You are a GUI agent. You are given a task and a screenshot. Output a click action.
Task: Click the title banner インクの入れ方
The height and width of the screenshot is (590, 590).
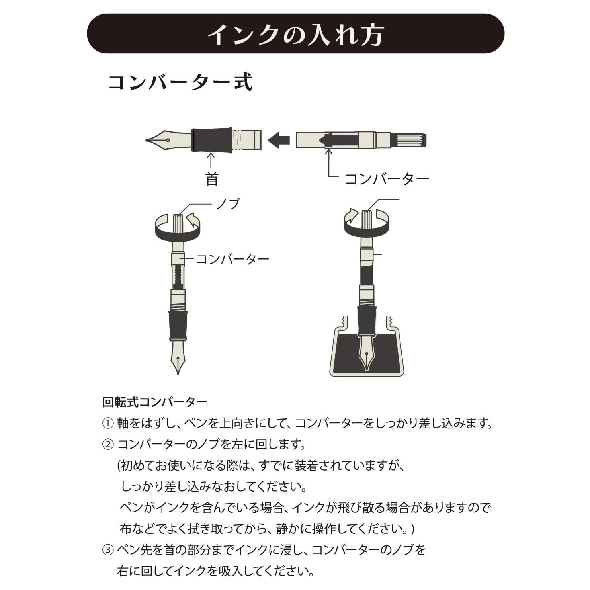click(x=295, y=34)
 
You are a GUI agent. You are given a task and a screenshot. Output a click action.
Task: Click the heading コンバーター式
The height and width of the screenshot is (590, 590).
click(x=181, y=82)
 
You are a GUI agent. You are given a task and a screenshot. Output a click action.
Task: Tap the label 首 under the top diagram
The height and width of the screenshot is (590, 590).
click(x=212, y=179)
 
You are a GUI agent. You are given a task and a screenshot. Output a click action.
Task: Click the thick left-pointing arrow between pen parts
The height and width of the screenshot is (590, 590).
click(x=279, y=140)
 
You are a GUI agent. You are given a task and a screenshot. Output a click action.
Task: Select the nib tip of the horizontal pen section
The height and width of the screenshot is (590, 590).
click(x=147, y=140)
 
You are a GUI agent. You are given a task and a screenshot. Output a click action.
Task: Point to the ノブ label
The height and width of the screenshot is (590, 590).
click(x=229, y=204)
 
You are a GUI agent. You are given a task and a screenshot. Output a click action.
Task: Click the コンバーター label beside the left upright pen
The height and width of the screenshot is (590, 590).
click(x=233, y=259)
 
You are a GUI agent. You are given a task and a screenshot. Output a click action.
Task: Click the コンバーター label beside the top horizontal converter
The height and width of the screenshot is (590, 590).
click(x=387, y=179)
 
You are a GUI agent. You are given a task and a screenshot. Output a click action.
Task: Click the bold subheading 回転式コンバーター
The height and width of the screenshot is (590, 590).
click(x=155, y=402)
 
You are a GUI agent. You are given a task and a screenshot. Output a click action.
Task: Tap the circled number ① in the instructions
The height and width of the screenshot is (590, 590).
click(x=108, y=423)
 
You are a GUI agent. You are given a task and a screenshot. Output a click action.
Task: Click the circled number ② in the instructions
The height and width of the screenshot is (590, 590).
click(x=108, y=444)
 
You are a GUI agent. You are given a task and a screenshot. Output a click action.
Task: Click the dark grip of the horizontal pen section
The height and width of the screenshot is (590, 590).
click(x=211, y=140)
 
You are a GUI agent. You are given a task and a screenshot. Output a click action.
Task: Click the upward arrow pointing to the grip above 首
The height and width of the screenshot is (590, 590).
click(x=211, y=161)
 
